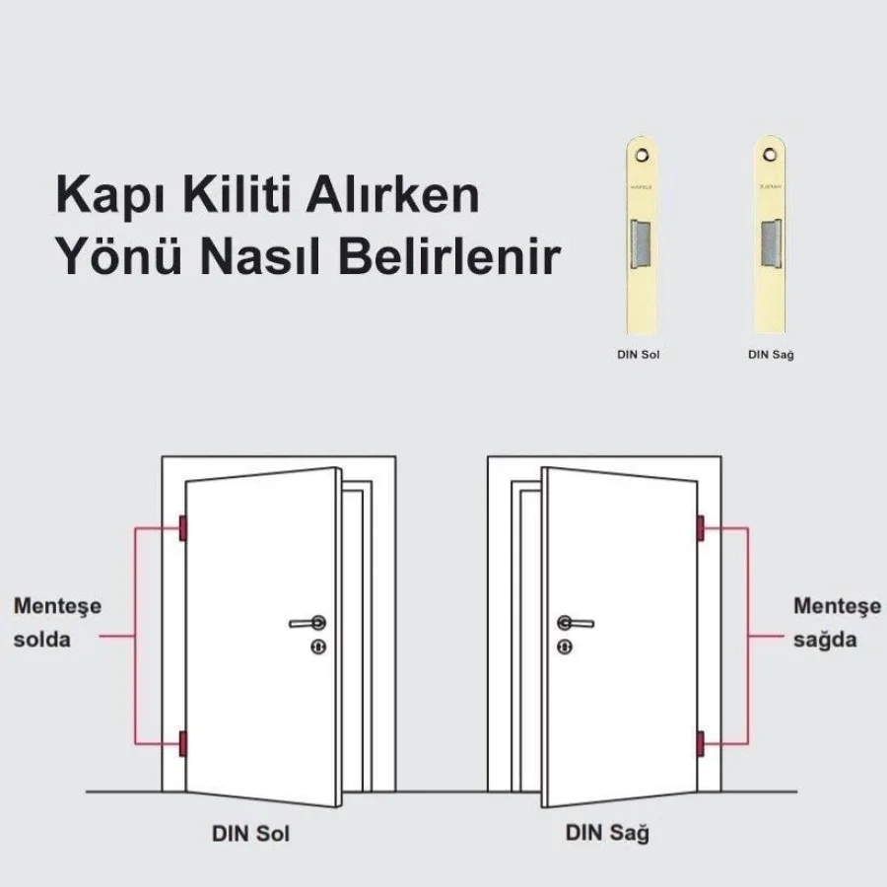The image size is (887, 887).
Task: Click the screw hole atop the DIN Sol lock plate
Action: point(642,155)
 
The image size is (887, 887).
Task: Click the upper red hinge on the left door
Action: point(182,529)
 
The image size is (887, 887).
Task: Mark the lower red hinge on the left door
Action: point(182,744)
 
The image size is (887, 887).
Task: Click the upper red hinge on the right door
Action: point(701,529)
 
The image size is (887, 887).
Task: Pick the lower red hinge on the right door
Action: point(701,742)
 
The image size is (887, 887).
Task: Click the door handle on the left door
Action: point(308,623)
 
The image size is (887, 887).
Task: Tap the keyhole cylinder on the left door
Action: point(318,647)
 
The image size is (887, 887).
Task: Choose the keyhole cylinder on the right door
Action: point(564,647)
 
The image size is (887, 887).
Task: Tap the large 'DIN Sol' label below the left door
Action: point(250,834)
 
